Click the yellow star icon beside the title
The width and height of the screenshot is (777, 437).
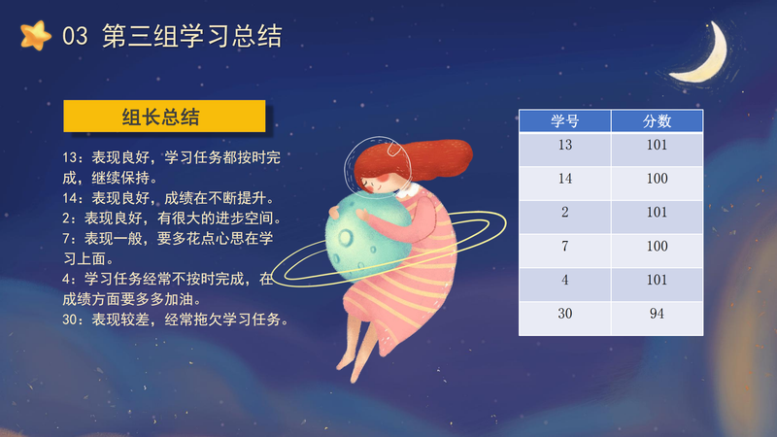(36, 36)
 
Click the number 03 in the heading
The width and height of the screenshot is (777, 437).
(75, 36)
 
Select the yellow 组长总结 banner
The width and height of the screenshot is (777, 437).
(164, 117)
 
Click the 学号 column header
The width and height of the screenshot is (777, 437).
(565, 120)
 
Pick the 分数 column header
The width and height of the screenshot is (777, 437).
(658, 120)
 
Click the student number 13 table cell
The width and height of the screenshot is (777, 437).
(565, 150)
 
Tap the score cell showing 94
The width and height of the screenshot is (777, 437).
(658, 319)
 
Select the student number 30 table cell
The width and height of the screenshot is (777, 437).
(565, 319)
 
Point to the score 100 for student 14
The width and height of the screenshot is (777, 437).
(658, 184)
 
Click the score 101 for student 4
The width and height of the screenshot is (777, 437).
(658, 285)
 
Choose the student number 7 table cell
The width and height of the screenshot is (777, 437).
(565, 251)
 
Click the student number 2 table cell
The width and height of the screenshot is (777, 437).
(565, 217)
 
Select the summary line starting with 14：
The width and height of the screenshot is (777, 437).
(168, 198)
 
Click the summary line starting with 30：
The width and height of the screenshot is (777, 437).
(176, 319)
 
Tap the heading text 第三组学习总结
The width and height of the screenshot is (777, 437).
(192, 36)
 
